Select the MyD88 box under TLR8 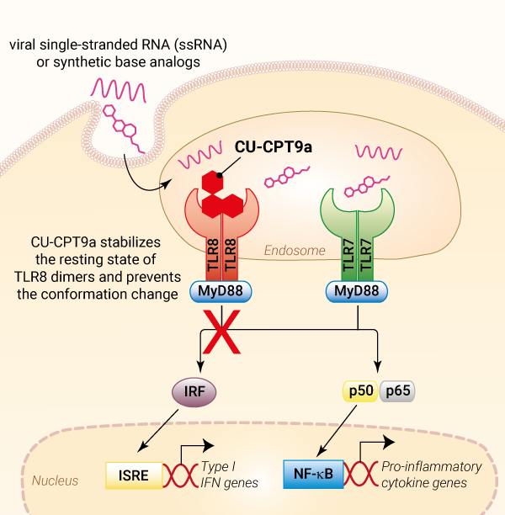point(221,291)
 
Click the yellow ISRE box point(133,475)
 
